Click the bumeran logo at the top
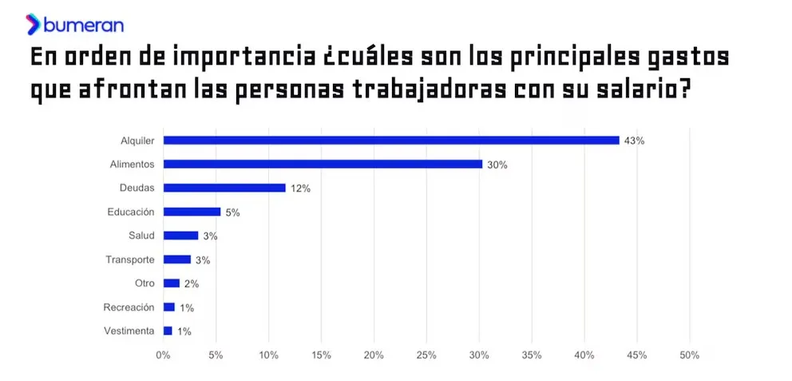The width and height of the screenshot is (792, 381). pos(75,24)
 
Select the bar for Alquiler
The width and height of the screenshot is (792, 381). pos(391,140)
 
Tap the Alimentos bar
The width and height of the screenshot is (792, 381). pos(323,164)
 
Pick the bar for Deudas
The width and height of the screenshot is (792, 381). pos(224,188)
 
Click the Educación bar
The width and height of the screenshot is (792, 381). pos(192,212)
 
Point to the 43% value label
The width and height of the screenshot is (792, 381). pos(634,141)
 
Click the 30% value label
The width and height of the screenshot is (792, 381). pos(497,165)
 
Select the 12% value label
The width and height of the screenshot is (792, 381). pos(300,189)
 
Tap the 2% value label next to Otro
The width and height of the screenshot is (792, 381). pos(191,284)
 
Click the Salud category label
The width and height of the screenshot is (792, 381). pos(141,236)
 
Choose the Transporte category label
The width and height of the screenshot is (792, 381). pos(130,260)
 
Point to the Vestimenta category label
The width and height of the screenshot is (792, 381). pos(129,331)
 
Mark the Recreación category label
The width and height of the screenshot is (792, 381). pos(129,307)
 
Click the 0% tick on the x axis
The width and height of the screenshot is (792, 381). pos(163,355)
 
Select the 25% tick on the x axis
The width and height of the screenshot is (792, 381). pos(426,355)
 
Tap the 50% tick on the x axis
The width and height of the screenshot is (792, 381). pos(689,355)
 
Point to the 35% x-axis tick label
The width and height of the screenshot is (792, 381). pos(532,355)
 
